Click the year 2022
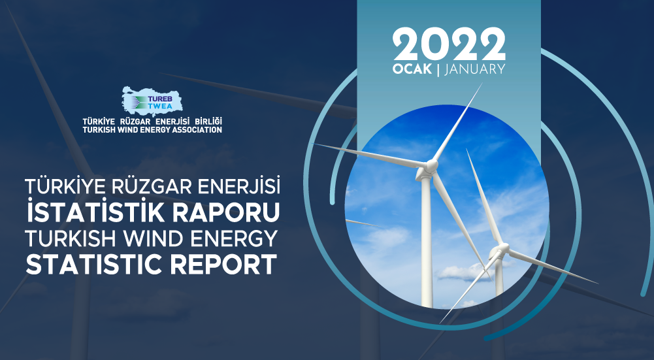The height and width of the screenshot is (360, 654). [x=449, y=44]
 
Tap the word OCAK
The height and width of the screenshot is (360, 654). [x=412, y=69]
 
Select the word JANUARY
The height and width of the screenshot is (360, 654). [x=475, y=69]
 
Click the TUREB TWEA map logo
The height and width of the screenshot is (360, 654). [x=152, y=101]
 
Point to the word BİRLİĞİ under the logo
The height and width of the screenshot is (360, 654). [x=208, y=122]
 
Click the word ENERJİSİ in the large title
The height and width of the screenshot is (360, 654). [x=238, y=186]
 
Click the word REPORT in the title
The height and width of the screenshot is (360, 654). [x=223, y=264]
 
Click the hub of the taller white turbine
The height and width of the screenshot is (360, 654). [x=430, y=167]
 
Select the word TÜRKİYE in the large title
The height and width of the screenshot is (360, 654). [x=64, y=186]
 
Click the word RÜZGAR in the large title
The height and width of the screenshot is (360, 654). [x=150, y=186]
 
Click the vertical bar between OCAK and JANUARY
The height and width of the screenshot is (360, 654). [x=438, y=69]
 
